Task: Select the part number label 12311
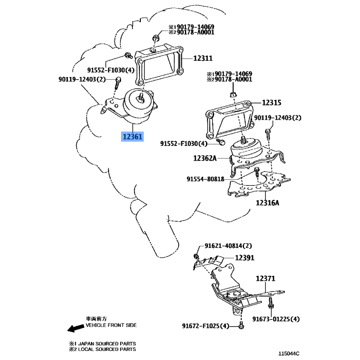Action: pos(203,58)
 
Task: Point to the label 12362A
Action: pos(205,158)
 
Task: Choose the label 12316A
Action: pos(268,202)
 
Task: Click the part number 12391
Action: pos(245,258)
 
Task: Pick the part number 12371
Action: pos(265,279)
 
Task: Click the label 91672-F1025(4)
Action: pos(206,326)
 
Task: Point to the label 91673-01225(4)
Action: pos(276,319)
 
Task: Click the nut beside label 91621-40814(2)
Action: pos(197,256)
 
